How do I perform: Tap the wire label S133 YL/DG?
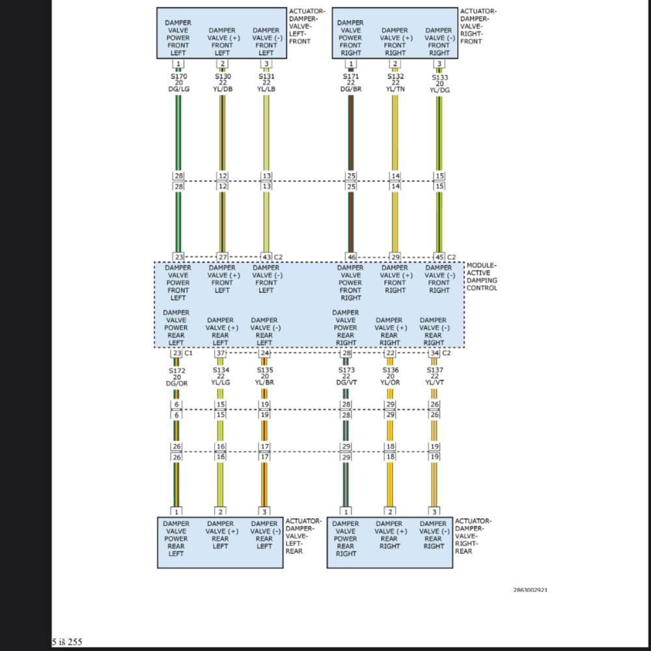coord(439,83)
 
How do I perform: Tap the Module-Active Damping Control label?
coord(482,277)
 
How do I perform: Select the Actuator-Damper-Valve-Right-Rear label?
coord(473,536)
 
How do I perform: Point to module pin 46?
coord(351,257)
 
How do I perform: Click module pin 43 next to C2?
coord(266,257)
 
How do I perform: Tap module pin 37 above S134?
coord(221,353)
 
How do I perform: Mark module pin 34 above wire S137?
coord(434,353)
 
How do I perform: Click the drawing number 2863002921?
coord(530,590)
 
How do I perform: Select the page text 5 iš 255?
coord(67,642)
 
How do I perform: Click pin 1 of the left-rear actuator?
coord(176,512)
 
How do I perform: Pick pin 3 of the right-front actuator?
coord(439,64)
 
